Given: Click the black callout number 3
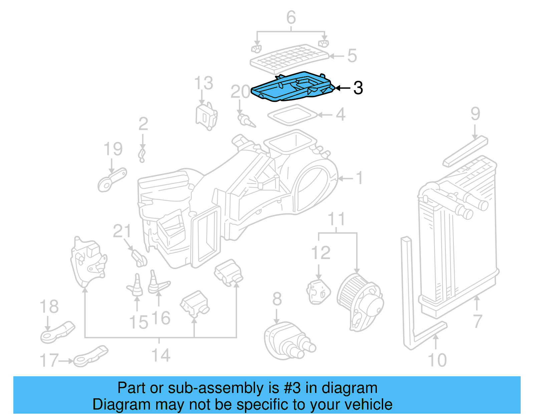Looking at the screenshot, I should (358, 88).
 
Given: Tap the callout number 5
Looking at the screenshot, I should (352, 56).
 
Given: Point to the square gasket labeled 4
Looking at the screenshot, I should (292, 115).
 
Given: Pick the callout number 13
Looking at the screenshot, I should (204, 83).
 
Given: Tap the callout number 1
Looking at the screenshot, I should (359, 178).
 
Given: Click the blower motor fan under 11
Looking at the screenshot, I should (360, 302).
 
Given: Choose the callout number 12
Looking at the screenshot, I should (321, 253).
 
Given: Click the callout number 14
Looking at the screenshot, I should (161, 355).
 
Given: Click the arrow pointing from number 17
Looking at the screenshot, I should (66, 361).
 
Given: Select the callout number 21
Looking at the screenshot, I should (122, 231).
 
